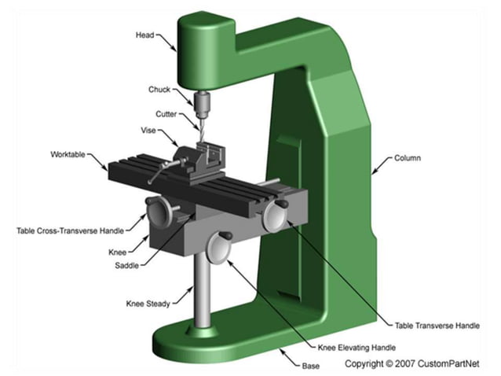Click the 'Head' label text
[144, 35]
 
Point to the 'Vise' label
[148, 131]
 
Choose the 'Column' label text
[408, 158]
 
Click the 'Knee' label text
[117, 253]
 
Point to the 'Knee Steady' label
[147, 303]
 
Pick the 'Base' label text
[311, 366]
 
